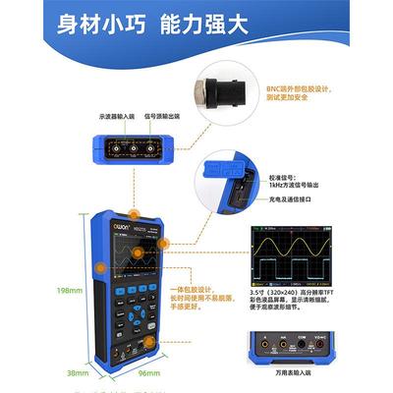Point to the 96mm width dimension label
click(147, 373)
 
